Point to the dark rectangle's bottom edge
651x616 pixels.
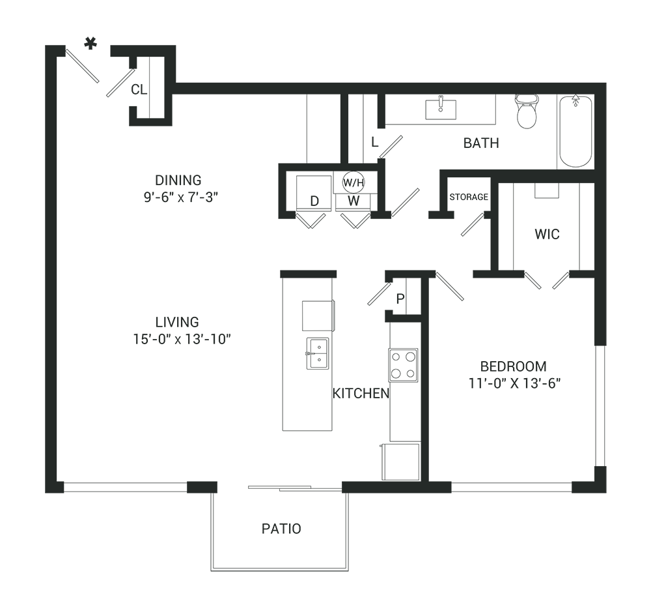point(325,571)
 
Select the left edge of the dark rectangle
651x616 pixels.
point(46,304)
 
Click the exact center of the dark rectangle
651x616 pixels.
point(325,304)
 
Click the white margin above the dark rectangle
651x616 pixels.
point(325,18)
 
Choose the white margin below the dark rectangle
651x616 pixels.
point(325,594)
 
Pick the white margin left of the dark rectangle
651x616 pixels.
point(22,304)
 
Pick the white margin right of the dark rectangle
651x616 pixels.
point(629,304)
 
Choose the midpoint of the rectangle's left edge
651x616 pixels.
point(46,304)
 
